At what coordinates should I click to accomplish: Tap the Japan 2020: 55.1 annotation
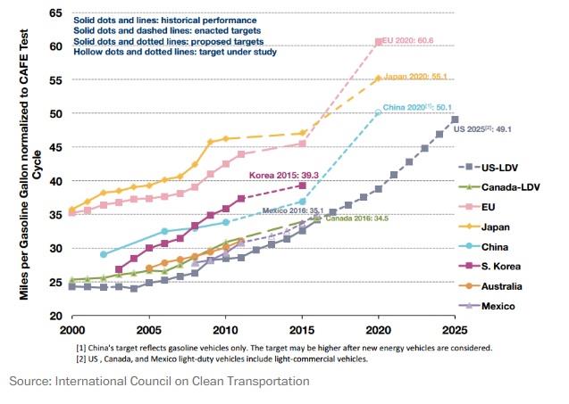416,78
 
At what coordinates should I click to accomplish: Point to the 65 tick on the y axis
55,12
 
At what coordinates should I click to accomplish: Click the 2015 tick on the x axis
303,329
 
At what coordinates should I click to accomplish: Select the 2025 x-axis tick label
455,329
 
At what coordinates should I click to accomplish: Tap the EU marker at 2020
379,42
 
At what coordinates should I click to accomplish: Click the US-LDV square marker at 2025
455,120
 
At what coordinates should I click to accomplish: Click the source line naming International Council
159,381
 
